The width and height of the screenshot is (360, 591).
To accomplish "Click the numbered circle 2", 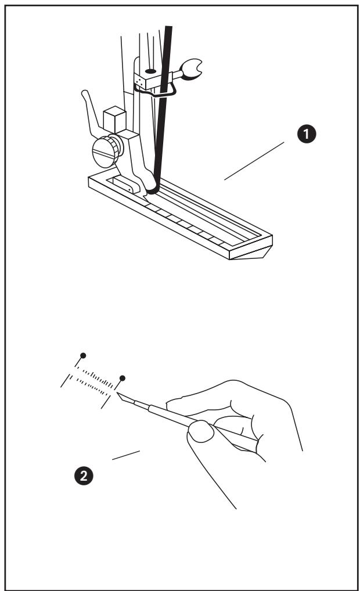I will point(85,476).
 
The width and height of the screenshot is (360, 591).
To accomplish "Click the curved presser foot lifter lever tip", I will point(85,93).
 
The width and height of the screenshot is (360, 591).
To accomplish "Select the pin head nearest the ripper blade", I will point(122,379).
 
